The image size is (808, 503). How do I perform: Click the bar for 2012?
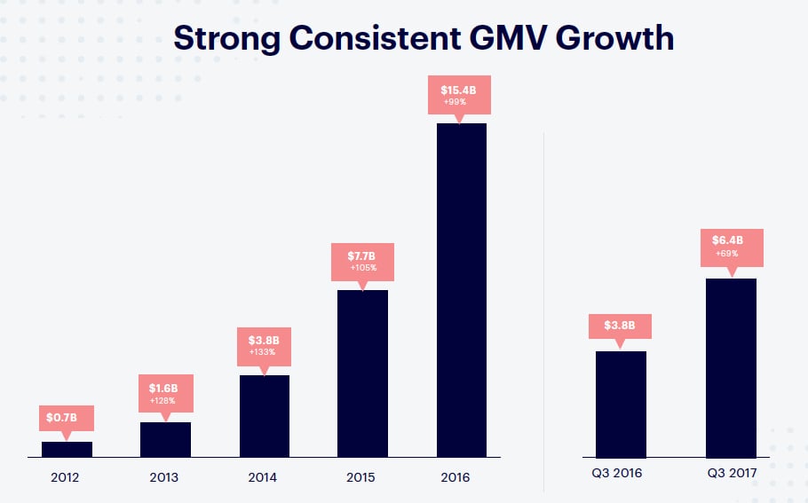click(67, 449)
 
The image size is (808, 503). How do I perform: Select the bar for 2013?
click(165, 439)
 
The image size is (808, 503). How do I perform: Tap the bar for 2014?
click(264, 416)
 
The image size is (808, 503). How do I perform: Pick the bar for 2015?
click(362, 373)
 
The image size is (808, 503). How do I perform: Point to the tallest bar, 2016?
click(462, 289)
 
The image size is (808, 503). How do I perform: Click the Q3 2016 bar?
click(621, 404)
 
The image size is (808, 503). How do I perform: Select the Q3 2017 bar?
click(731, 367)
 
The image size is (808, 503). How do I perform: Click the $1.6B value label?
click(166, 388)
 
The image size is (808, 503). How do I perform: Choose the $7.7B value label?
click(362, 255)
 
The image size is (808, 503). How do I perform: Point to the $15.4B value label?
click(462, 90)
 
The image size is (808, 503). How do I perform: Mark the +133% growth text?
click(264, 352)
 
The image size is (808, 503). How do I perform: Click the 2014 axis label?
click(264, 477)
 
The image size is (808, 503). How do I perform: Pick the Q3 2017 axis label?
click(732, 474)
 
